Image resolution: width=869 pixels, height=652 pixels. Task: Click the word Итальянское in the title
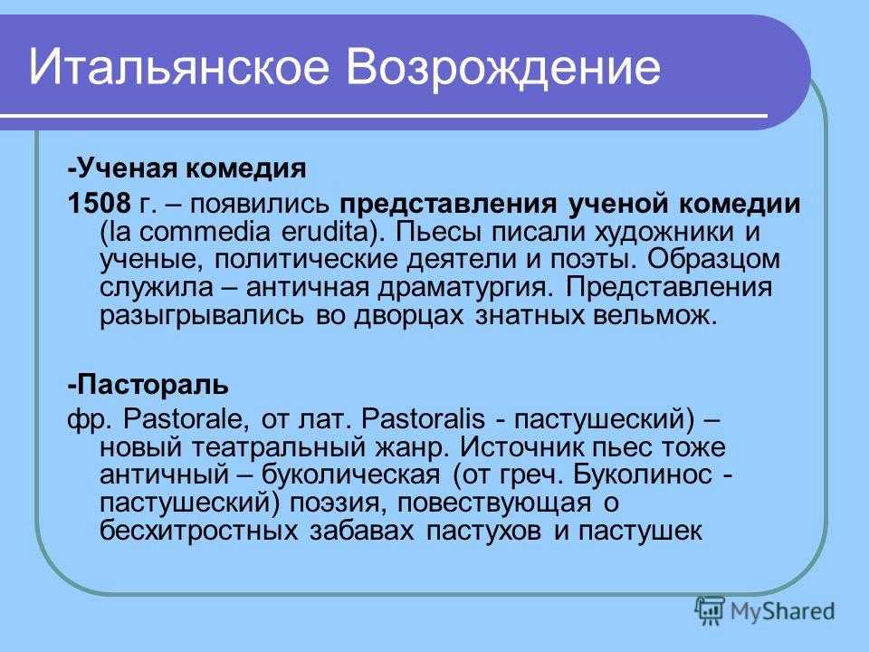pyautogui.click(x=178, y=66)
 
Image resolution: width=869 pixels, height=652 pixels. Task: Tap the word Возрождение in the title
pyautogui.click(x=503, y=68)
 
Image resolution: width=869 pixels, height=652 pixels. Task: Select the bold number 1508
pyautogui.click(x=99, y=204)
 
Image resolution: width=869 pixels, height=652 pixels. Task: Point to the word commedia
pyautogui.click(x=204, y=232)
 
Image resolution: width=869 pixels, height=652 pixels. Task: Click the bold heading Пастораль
pyautogui.click(x=148, y=385)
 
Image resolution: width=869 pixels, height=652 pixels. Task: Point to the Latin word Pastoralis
pyautogui.click(x=423, y=418)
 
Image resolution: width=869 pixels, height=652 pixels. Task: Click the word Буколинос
pyautogui.click(x=643, y=475)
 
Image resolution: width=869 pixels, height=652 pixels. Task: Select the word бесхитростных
pyautogui.click(x=198, y=532)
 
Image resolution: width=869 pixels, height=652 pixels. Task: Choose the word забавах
pyautogui.click(x=361, y=532)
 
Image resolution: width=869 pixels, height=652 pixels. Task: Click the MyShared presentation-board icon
pyautogui.click(x=710, y=611)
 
